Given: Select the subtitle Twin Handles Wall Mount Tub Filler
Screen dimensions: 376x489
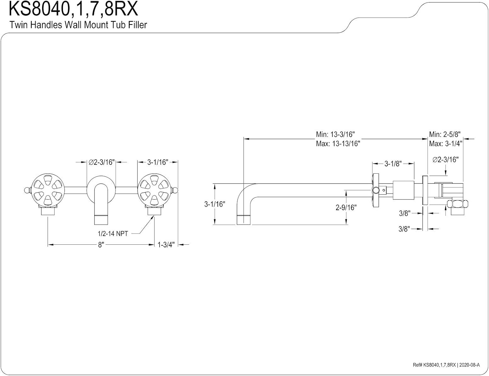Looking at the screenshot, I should (78, 25).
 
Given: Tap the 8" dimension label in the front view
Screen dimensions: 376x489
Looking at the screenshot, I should (101, 244).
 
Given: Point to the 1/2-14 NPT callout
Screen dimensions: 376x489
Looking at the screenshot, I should (113, 234).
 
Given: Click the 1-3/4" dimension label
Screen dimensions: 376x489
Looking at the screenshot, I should (166, 244).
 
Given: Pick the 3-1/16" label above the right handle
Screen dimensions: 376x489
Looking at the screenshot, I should (157, 162).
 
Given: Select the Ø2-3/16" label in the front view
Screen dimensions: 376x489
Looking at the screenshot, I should (102, 162).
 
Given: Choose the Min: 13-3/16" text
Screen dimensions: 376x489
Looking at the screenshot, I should (335, 134).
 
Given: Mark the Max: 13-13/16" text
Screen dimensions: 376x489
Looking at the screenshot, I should (338, 143).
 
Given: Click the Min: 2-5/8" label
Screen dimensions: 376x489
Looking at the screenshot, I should (445, 134).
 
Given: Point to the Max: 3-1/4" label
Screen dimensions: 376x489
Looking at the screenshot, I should (445, 143).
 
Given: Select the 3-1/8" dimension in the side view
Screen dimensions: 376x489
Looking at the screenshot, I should (393, 164).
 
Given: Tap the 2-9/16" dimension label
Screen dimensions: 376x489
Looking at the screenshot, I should (346, 207).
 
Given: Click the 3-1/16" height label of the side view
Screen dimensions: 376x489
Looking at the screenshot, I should (215, 204).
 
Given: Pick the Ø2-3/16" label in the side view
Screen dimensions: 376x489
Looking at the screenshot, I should (445, 160).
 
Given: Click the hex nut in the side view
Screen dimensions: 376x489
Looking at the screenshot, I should (457, 204).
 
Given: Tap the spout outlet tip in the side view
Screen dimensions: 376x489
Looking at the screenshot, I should (244, 220).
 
